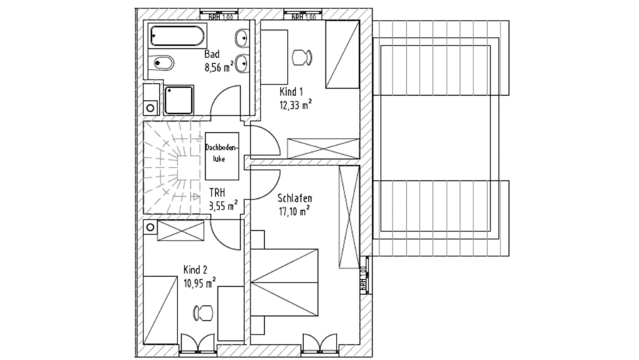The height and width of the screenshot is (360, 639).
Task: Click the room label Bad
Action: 212,55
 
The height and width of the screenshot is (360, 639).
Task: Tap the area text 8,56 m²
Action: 219,68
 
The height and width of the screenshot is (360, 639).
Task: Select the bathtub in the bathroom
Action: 177,36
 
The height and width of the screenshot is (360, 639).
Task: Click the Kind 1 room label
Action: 291,92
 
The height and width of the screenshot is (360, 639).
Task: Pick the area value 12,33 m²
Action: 296,104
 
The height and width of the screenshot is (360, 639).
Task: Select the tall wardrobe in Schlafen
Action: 349,217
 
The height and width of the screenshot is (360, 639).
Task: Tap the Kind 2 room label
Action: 195,270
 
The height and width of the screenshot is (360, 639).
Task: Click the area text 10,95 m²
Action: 200,283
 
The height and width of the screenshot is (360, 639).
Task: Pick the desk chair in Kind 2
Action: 202,311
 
